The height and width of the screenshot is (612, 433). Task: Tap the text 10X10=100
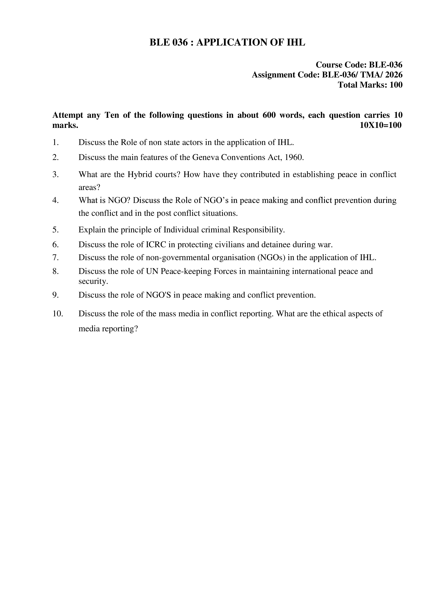point(380,125)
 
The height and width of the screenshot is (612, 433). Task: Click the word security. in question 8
point(93,281)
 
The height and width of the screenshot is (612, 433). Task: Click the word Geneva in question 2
point(206,158)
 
